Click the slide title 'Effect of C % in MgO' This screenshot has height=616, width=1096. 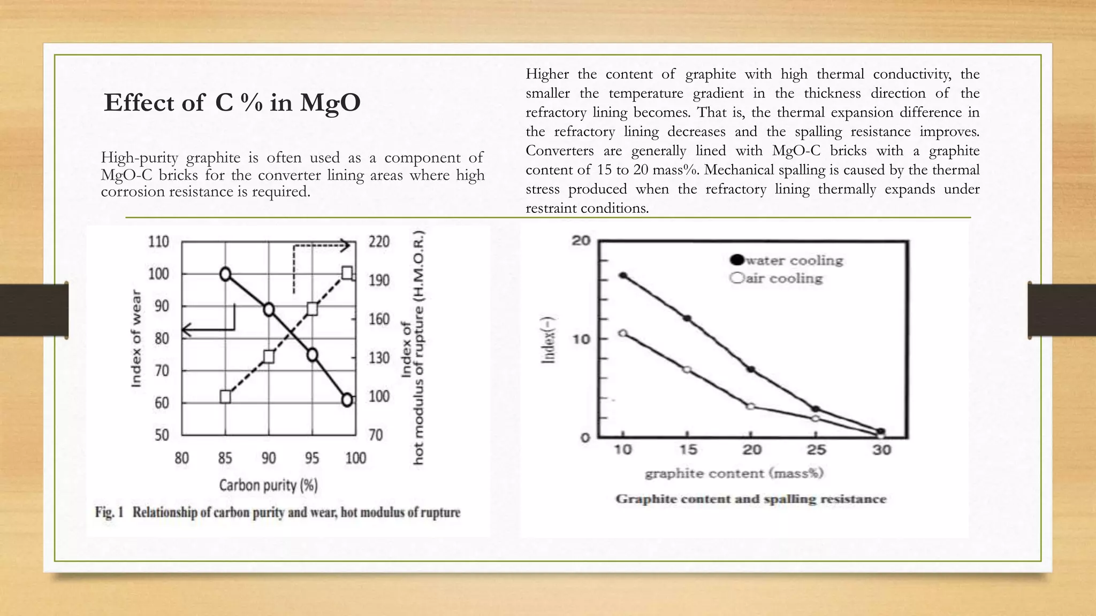(x=232, y=102)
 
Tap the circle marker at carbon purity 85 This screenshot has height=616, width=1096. (x=225, y=274)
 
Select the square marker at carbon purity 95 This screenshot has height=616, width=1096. (x=313, y=309)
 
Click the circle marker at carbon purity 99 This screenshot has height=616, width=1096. (x=347, y=400)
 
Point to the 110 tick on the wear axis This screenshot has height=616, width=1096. (x=158, y=242)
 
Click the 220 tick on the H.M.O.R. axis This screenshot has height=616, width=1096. (x=379, y=242)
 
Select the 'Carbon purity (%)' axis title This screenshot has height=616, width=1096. (x=268, y=485)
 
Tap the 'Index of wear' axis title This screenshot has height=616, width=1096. (x=136, y=338)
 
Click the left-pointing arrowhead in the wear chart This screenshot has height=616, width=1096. (x=186, y=330)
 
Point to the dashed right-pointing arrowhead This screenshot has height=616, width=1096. (x=346, y=246)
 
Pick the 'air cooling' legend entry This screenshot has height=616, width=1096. (x=777, y=278)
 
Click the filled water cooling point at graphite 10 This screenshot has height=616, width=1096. (x=623, y=275)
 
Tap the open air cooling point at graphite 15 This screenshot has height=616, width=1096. (x=687, y=369)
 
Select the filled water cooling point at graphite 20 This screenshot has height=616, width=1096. (x=751, y=369)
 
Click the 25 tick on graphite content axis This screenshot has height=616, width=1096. (x=816, y=450)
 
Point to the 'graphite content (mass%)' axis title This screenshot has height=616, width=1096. (x=734, y=473)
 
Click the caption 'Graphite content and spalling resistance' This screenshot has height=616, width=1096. (x=751, y=499)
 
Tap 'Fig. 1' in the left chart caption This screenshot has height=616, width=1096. (x=109, y=512)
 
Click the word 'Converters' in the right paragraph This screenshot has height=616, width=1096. (x=559, y=151)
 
